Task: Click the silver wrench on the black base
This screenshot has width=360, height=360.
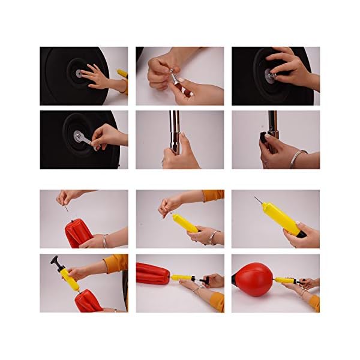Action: [82, 139]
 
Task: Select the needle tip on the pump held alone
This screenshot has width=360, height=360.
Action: [255, 199]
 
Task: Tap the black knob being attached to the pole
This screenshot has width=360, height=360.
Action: [265, 137]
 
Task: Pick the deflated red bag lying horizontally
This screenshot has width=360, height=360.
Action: [150, 274]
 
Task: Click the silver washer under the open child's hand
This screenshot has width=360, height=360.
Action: [79, 73]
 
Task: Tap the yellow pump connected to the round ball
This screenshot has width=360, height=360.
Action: [286, 280]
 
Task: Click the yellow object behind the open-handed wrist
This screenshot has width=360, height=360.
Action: [122, 73]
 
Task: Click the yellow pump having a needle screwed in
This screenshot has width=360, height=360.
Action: [185, 223]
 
